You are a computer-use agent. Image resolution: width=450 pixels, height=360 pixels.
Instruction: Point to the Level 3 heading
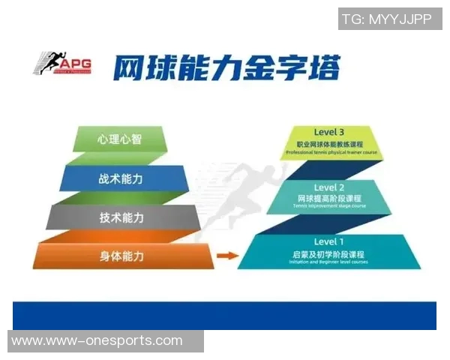[329, 132]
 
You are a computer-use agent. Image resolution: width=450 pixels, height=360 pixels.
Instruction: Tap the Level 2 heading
[329, 187]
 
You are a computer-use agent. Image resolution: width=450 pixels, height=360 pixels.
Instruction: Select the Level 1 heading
[329, 241]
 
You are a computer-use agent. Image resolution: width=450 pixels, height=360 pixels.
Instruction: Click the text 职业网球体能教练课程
[329, 143]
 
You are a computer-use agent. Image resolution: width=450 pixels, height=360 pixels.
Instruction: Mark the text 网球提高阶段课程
[329, 198]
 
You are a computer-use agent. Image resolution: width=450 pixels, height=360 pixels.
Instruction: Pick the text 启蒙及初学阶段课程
[329, 254]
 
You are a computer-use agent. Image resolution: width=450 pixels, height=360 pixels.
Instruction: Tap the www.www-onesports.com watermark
[97, 341]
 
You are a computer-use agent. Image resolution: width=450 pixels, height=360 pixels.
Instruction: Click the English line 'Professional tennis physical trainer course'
[329, 153]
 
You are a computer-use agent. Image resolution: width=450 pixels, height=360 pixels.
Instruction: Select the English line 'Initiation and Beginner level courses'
[329, 262]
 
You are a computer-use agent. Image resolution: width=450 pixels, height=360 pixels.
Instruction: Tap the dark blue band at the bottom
[225, 315]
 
